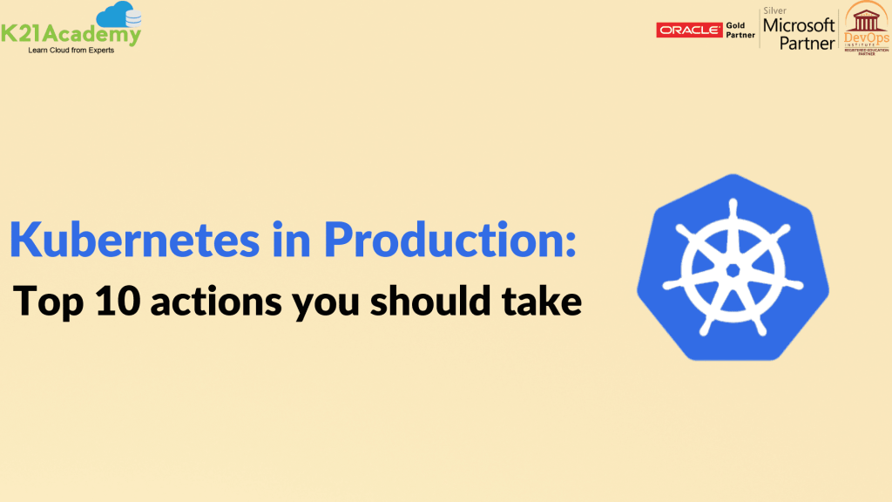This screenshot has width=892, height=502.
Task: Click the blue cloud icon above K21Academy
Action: [x=119, y=16]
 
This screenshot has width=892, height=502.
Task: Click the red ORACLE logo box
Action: [x=688, y=31]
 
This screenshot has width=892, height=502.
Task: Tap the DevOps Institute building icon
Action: [x=865, y=19]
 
